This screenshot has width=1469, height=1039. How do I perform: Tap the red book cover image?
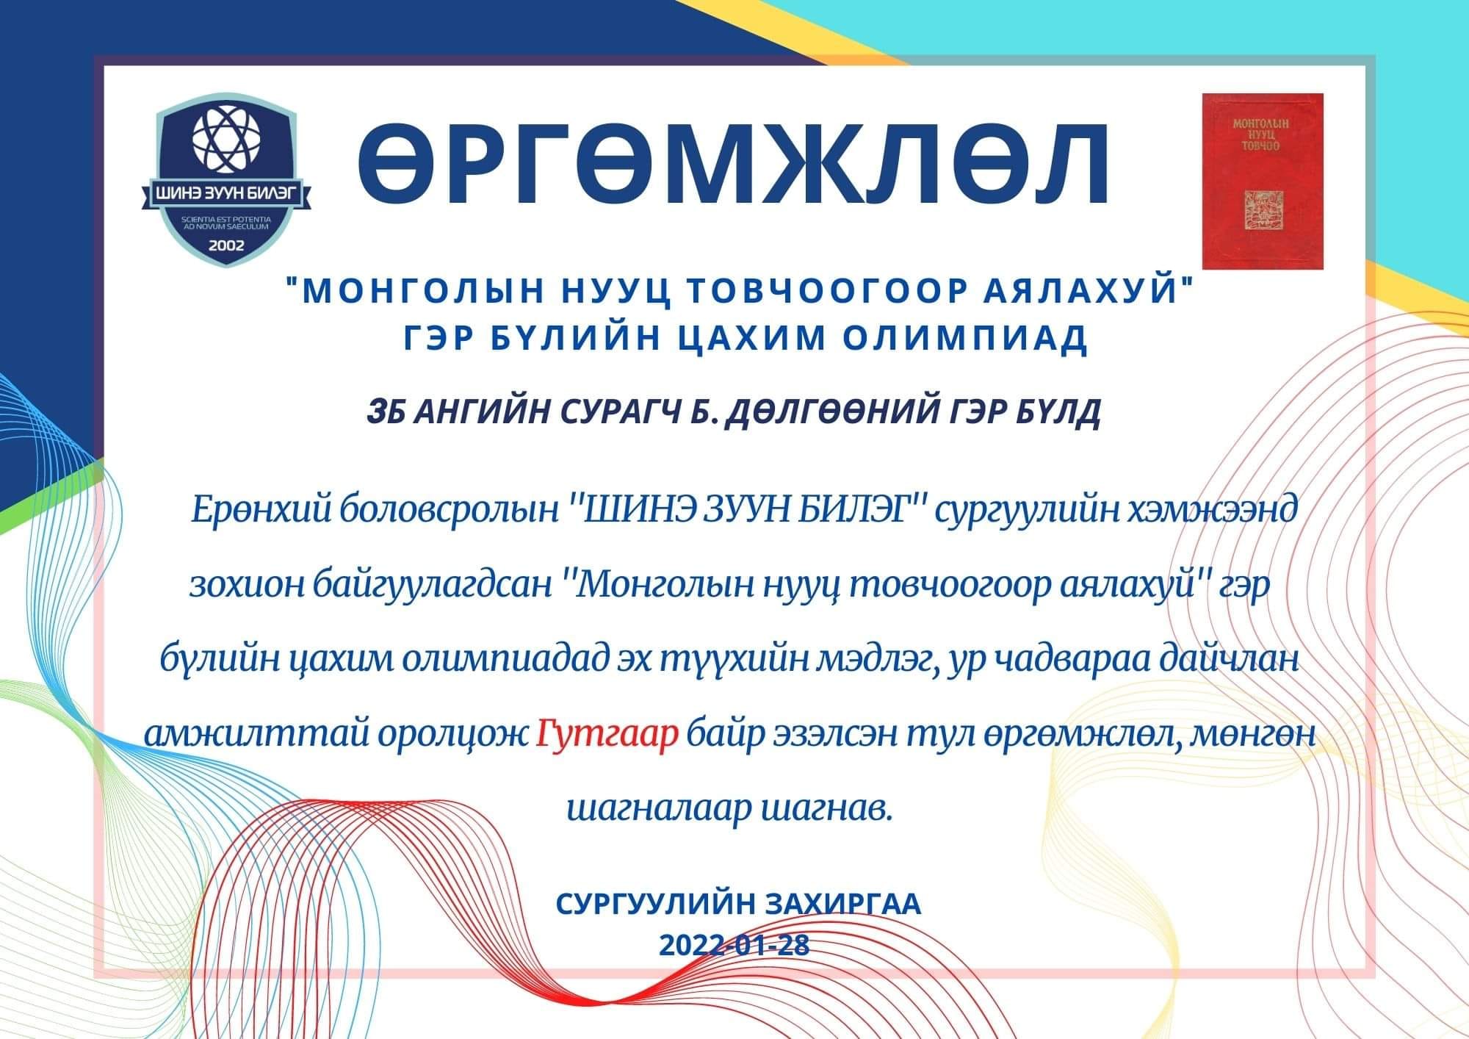click(1263, 181)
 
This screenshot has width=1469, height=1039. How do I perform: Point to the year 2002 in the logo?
click(226, 245)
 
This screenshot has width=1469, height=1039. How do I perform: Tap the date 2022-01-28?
click(734, 945)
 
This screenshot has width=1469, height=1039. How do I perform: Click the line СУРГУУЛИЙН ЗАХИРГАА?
click(738, 904)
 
